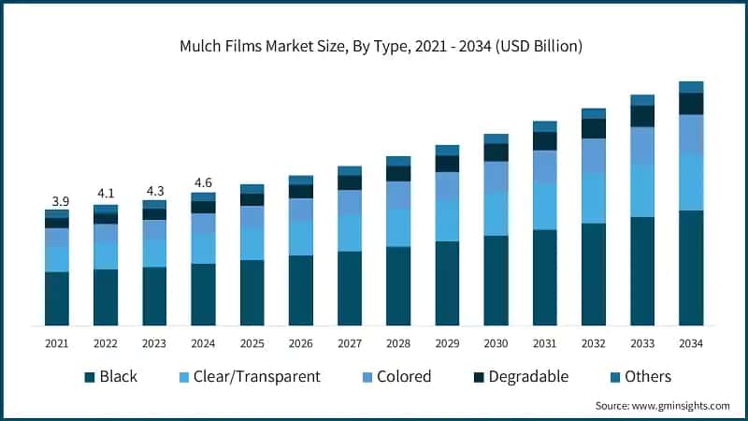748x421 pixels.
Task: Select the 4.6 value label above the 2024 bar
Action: (203, 183)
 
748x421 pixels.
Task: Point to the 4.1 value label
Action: (106, 195)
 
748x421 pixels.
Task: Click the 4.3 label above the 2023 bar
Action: (154, 190)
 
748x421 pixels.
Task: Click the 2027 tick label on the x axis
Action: (349, 343)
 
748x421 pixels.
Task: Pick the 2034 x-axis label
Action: (691, 343)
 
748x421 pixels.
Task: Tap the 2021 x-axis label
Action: (57, 343)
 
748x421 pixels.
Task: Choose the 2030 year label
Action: (496, 343)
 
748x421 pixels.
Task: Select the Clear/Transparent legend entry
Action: (249, 377)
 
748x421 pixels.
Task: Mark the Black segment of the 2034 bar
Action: (691, 268)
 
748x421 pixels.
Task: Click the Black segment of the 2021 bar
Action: (57, 298)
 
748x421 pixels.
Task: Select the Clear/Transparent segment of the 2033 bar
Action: (642, 191)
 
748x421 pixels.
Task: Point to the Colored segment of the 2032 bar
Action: (594, 155)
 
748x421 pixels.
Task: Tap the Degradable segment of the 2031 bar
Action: (545, 141)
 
